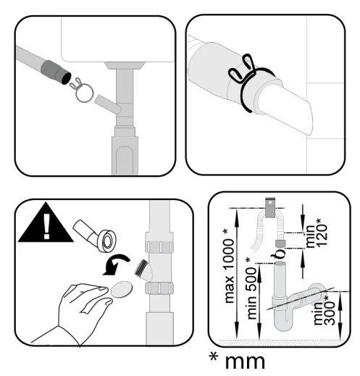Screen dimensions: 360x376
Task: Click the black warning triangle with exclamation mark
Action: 45,225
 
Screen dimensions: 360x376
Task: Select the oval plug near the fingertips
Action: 122,289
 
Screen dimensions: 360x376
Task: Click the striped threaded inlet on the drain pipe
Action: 141,267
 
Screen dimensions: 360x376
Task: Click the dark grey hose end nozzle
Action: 56,72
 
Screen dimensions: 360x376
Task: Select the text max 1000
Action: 229,271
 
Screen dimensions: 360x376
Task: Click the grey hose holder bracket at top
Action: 270,208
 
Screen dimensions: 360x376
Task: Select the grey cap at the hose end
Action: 280,244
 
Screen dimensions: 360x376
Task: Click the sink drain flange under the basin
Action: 125,65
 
